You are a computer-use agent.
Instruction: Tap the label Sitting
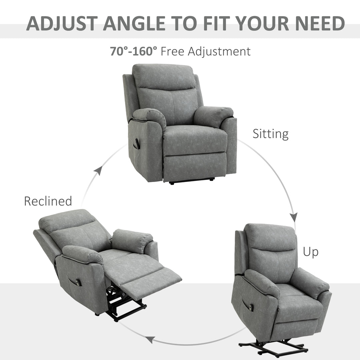tap(270, 134)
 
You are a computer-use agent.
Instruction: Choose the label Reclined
tap(48, 201)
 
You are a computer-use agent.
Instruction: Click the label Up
tap(310, 252)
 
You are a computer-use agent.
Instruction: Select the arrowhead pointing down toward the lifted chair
tap(293, 217)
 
